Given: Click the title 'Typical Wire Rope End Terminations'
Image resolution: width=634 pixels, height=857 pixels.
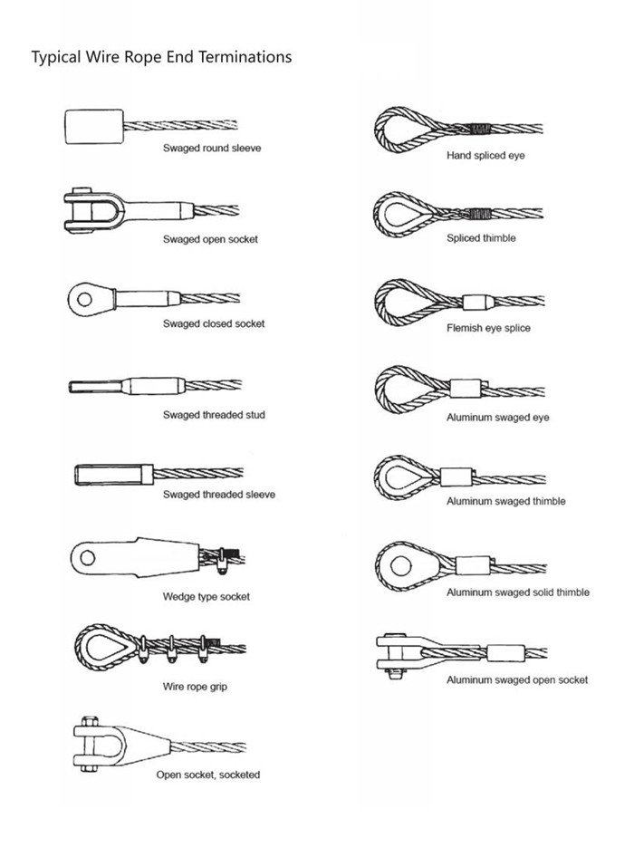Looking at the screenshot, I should (x=161, y=57).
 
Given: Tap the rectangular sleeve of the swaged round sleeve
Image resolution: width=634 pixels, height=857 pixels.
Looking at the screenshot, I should (x=93, y=125).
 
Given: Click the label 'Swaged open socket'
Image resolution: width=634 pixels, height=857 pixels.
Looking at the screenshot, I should (x=210, y=239).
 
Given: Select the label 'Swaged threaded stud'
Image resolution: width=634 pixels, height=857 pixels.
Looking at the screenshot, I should (x=214, y=415).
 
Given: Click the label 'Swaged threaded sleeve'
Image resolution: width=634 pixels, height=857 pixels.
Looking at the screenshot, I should (x=219, y=495).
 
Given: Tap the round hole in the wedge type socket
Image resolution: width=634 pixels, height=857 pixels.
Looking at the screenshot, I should (x=88, y=555).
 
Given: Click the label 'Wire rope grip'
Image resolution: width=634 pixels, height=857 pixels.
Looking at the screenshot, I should (x=195, y=687).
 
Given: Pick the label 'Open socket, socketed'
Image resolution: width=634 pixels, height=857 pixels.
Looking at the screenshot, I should (x=208, y=775).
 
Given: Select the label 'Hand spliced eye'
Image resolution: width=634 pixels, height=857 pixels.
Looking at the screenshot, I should (x=485, y=156).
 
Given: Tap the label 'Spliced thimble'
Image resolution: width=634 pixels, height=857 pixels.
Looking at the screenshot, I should (x=481, y=238).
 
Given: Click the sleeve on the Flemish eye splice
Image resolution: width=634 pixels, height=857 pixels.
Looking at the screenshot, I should (x=477, y=301).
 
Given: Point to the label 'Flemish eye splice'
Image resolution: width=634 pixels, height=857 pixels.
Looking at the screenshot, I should (x=488, y=328).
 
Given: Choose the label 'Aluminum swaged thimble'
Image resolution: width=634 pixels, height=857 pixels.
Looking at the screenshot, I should (x=505, y=501).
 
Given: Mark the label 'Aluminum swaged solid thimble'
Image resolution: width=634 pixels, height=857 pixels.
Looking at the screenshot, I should (x=517, y=592).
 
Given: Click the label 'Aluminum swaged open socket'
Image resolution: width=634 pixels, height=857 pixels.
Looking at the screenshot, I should (x=516, y=679).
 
